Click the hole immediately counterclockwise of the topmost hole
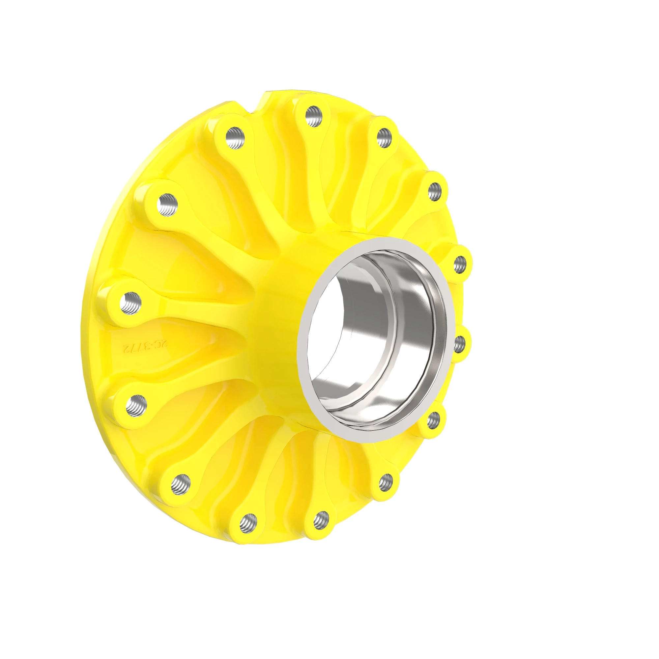pos(235,137)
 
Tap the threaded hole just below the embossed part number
pos(136,405)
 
